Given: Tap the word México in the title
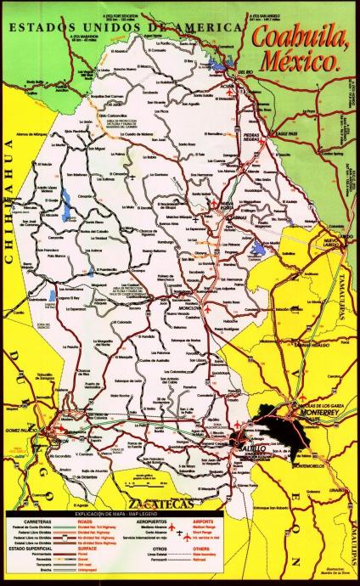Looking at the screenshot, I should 311,60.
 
